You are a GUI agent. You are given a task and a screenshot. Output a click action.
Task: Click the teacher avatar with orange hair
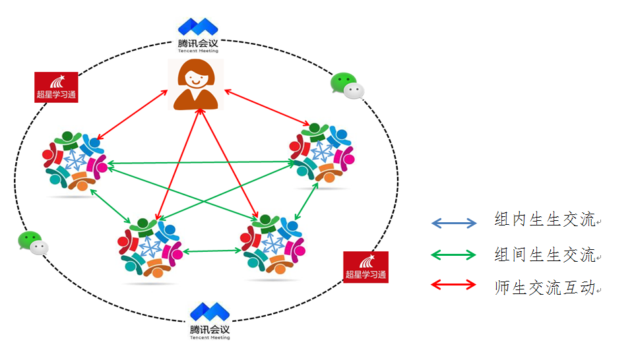click(195, 84)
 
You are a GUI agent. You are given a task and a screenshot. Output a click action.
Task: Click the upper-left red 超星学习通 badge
click(56, 87)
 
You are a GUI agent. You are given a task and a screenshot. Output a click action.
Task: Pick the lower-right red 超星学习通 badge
click(365, 266)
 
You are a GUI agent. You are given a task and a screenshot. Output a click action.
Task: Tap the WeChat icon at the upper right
click(346, 86)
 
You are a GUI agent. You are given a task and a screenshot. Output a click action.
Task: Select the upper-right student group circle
click(321, 153)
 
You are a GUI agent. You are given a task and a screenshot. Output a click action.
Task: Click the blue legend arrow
click(453, 223)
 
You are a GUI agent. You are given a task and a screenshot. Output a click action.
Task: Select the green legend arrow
click(453, 255)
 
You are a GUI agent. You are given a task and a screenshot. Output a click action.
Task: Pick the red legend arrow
click(453, 285)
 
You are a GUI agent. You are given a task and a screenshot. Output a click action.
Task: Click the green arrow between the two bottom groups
click(212, 251)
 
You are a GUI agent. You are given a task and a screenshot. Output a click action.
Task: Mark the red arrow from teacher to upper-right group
click(267, 106)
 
